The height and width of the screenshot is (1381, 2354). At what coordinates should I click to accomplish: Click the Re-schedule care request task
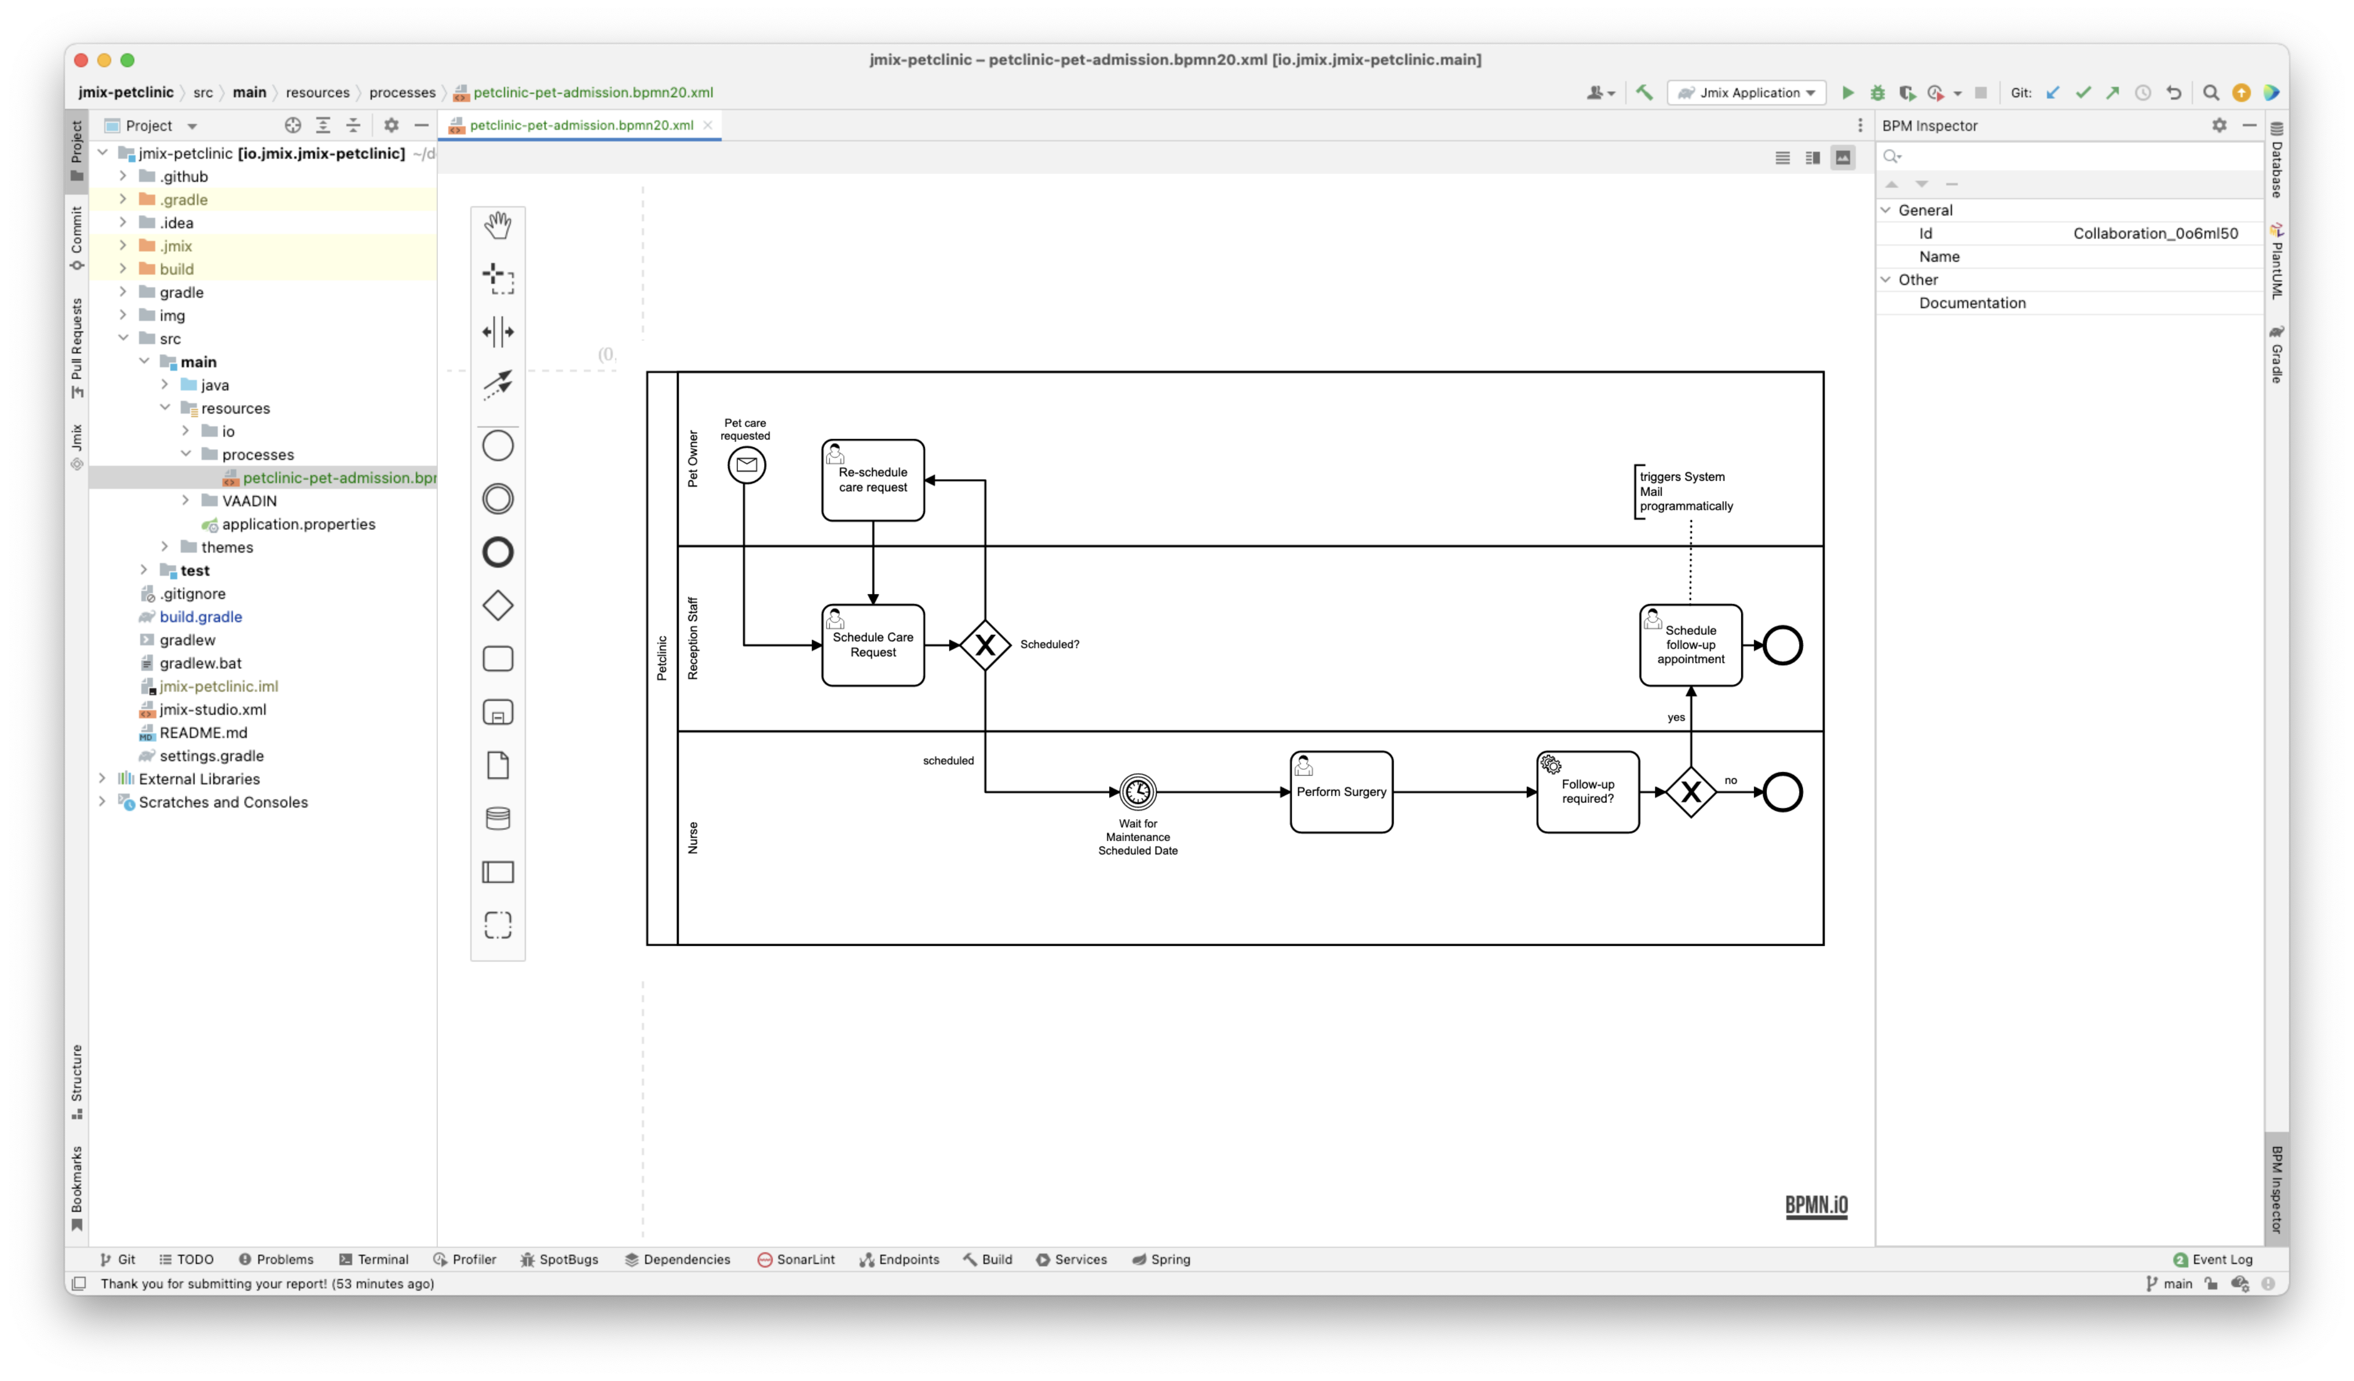[872, 480]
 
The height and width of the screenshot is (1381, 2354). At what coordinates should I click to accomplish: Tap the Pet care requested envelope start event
[747, 465]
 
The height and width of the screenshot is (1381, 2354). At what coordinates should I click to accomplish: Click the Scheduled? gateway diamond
[985, 645]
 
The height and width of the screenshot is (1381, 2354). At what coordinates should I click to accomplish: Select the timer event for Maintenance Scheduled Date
[1137, 792]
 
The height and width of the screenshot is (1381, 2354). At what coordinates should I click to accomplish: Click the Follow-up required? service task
[1587, 792]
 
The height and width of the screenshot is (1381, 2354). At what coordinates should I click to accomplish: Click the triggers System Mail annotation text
[1685, 491]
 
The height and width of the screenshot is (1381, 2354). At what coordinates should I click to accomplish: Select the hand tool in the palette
[498, 225]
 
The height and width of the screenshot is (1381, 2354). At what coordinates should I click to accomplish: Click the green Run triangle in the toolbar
[1847, 93]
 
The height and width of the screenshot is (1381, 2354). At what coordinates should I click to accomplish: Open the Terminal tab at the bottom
[375, 1259]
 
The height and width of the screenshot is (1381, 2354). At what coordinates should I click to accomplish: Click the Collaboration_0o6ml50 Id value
[2155, 233]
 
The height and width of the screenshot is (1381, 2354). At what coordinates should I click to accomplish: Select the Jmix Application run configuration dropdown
[1747, 93]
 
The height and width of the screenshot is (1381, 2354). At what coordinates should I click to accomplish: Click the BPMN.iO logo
[1816, 1205]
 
